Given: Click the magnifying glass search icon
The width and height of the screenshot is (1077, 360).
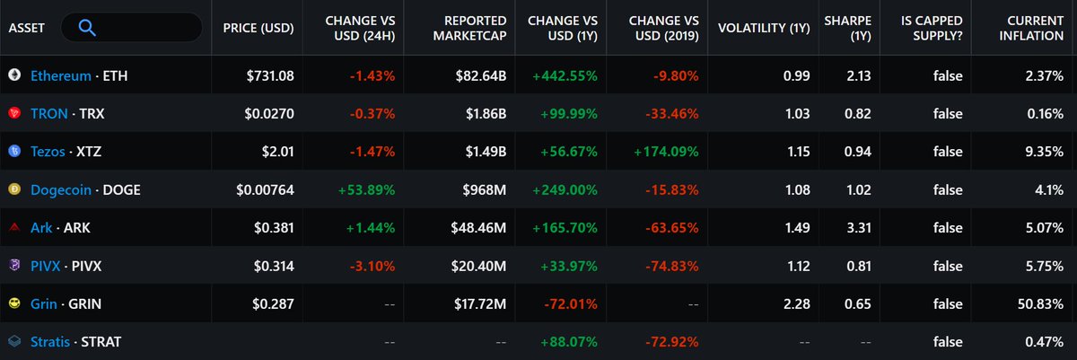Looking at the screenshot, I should click(x=87, y=28).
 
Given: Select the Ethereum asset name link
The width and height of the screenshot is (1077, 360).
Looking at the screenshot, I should click(x=60, y=76).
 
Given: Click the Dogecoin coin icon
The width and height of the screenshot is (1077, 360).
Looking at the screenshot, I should click(x=13, y=190).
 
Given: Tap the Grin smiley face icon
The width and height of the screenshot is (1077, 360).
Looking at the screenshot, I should click(x=13, y=304).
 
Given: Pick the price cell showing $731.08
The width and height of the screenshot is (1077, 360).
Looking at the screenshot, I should click(x=270, y=76).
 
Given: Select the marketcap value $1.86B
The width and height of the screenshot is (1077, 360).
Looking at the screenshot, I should click(x=482, y=114).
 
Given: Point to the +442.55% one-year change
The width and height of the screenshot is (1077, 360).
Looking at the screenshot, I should click(x=565, y=76).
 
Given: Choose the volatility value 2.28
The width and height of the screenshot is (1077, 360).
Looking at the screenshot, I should click(x=796, y=304).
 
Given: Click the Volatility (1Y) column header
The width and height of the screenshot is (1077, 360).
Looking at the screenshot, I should click(x=763, y=28).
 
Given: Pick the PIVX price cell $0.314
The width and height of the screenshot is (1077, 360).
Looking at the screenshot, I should click(x=274, y=267).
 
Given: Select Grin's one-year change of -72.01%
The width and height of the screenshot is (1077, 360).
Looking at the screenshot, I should click(x=570, y=304).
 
